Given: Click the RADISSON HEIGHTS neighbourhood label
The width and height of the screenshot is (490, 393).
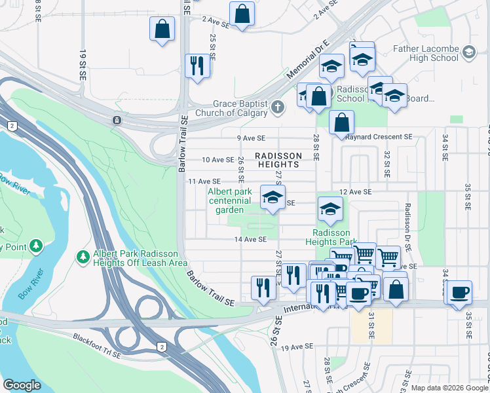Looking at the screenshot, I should click(x=279, y=160).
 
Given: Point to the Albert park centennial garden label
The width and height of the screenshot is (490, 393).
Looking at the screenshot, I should click(x=229, y=200).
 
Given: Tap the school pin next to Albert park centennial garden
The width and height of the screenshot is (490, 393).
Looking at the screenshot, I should click(x=273, y=198).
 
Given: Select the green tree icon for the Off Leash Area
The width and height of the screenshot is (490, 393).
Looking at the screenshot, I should click(x=83, y=255).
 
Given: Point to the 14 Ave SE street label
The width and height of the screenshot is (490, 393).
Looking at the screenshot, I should click(x=250, y=240).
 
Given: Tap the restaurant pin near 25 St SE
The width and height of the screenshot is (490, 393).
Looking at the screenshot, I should click(x=197, y=66).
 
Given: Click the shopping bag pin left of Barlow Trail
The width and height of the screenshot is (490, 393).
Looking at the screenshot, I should click(x=162, y=29).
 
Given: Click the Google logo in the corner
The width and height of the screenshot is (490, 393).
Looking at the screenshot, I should click(x=22, y=385).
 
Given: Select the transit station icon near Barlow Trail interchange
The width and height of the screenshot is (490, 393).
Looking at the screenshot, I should click(x=117, y=120).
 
